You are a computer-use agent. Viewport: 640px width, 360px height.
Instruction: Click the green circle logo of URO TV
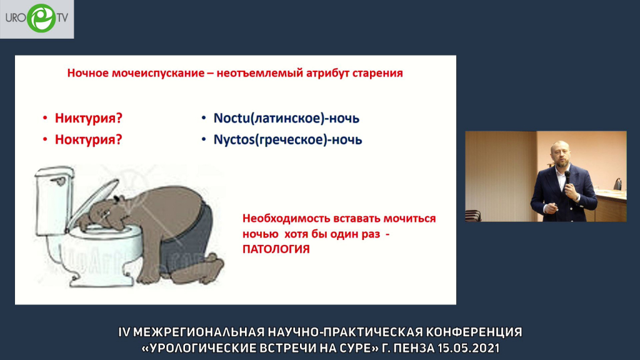pos(41,18)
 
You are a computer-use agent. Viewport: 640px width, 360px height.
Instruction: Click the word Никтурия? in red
pos(89,118)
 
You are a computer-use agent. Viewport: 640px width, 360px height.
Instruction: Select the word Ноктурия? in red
pos(89,139)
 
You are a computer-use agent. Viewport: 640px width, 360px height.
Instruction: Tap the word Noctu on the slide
pos(231,118)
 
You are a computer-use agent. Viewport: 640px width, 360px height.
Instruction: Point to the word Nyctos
pos(234,140)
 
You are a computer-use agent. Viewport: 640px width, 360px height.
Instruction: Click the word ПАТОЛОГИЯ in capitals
pos(276,249)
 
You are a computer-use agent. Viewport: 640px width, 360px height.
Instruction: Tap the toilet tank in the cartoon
pos(54,200)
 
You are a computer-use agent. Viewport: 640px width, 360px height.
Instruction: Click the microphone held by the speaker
pos(567,178)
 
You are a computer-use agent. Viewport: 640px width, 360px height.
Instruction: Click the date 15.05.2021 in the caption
pos(468,348)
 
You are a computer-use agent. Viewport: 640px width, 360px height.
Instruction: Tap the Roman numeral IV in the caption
pos(124,332)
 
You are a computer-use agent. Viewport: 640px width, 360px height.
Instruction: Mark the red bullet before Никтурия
pos(45,118)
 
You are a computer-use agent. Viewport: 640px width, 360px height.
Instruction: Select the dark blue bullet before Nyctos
pos(204,139)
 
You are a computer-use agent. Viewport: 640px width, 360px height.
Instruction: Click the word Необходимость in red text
pos(286,218)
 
